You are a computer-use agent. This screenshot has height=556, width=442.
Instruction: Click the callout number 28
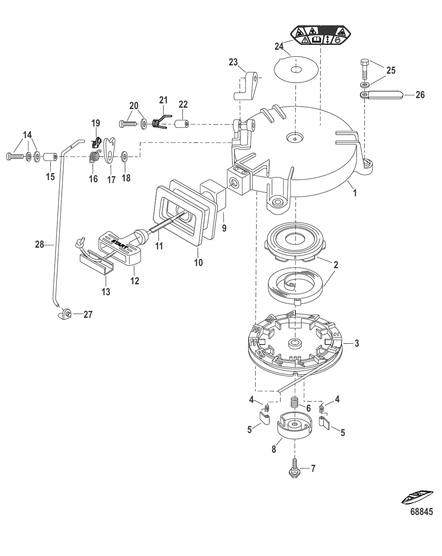[x=40, y=245]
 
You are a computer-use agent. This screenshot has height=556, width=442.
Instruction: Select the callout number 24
[x=280, y=46]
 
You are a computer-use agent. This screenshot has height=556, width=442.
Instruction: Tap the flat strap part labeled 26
[x=381, y=95]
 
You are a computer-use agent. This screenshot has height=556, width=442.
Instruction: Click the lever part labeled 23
[x=247, y=85]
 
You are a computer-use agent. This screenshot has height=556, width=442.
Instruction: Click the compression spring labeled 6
[x=295, y=402]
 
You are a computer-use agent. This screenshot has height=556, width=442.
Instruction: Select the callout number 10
[x=199, y=263]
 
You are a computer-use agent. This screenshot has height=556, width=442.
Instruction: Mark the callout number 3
[x=356, y=344]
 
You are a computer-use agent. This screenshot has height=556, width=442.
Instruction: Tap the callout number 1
[x=355, y=192]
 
